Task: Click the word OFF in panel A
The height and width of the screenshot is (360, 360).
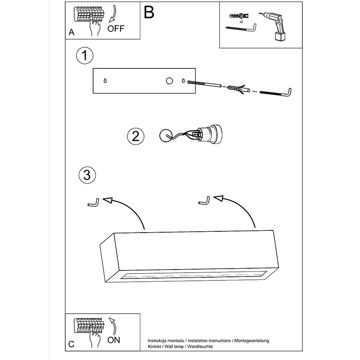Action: pyautogui.click(x=116, y=30)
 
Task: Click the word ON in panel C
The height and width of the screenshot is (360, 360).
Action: pyautogui.click(x=114, y=340)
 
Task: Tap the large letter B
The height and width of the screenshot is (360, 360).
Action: pyautogui.click(x=149, y=13)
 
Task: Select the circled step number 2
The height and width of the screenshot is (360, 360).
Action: pyautogui.click(x=135, y=136)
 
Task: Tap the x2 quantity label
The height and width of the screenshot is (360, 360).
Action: pyautogui.click(x=241, y=22)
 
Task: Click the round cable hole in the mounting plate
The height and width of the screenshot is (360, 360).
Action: pyautogui.click(x=169, y=81)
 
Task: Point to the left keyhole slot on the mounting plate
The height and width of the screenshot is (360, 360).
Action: pyautogui.click(x=105, y=81)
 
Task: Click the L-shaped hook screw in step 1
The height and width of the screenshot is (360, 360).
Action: pyautogui.click(x=276, y=92)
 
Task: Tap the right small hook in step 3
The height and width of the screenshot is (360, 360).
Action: pyautogui.click(x=204, y=200)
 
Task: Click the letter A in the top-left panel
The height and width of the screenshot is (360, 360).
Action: pyautogui.click(x=72, y=32)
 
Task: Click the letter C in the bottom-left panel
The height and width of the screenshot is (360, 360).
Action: pyautogui.click(x=71, y=344)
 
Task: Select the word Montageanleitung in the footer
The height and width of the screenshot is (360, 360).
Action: pyautogui.click(x=251, y=341)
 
